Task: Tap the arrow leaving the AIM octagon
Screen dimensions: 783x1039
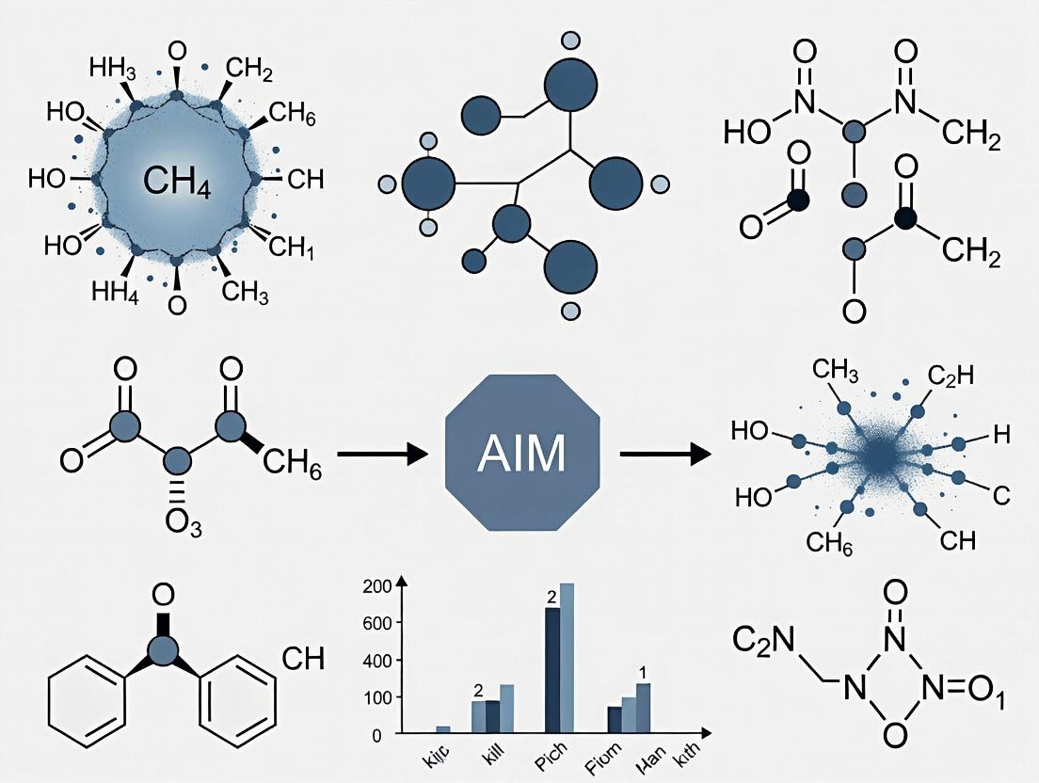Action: coord(664,455)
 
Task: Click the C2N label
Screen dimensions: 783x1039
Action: coord(763,644)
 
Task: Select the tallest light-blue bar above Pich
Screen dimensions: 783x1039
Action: coord(567,658)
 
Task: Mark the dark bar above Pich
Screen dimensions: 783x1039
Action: coord(552,670)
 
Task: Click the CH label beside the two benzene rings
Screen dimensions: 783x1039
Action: coord(303,659)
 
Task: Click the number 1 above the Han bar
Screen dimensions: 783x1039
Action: coord(642,673)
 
